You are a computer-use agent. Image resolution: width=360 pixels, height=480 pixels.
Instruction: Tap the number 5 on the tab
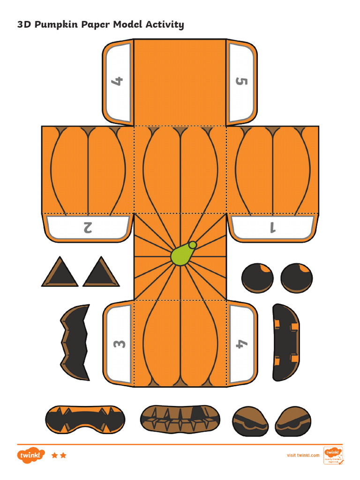coord(241,82)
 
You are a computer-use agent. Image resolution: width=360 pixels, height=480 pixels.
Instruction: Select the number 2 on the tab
coord(87,227)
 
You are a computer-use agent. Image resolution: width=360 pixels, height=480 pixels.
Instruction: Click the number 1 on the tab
coord(272,228)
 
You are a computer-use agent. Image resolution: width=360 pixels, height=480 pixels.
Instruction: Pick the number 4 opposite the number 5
coord(117,82)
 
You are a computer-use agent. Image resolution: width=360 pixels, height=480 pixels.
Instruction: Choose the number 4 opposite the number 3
coord(241,344)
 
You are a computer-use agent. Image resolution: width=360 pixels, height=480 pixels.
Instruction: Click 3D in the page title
coord(24,24)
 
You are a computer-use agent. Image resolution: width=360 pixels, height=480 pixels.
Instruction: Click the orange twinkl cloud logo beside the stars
coord(31,455)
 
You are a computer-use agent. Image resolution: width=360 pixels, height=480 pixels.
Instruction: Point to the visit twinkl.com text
coord(303,455)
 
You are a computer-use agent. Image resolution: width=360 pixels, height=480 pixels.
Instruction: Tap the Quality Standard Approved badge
coord(333,455)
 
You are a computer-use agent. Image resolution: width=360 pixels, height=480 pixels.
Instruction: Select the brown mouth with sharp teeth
coord(180,419)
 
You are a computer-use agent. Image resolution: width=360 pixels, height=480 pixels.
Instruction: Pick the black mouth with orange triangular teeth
coord(85,418)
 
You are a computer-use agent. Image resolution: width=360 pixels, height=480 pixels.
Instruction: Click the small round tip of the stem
coord(192,245)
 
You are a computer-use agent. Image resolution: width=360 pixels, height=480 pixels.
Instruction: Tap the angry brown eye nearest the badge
coord(293,421)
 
